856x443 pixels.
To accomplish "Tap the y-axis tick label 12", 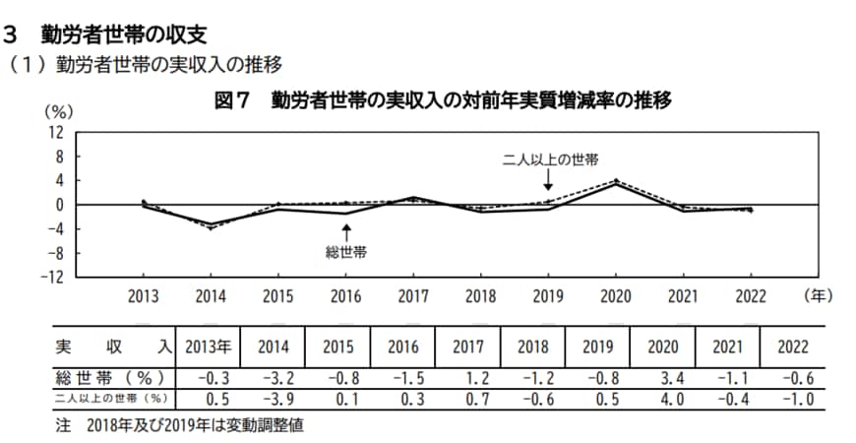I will click(56, 132).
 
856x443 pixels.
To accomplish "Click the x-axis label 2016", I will click(345, 295).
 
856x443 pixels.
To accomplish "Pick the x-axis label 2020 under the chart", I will click(615, 295).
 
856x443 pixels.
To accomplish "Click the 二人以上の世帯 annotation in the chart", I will click(550, 158).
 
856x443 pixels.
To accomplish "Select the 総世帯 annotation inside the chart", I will click(346, 252).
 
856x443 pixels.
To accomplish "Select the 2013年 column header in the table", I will click(207, 347).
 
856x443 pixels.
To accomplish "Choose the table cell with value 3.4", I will click(662, 377).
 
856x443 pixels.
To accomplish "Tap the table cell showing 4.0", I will click(662, 399).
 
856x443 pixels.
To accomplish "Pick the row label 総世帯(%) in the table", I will click(108, 377).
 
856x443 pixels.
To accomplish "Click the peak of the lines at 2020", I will click(615, 182).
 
